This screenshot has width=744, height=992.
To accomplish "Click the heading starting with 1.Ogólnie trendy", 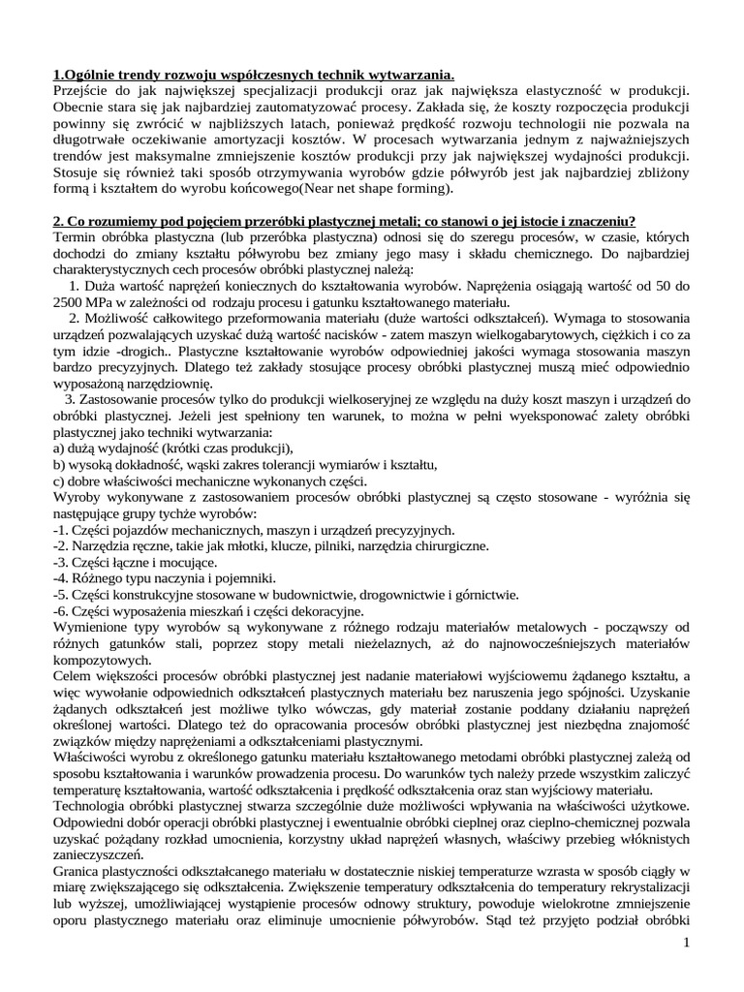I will pyautogui.click(x=253, y=76).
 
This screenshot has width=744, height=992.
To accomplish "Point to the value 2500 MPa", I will pyautogui.click(x=80, y=302).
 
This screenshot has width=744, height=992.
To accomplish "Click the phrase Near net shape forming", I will pyautogui.click(x=381, y=189).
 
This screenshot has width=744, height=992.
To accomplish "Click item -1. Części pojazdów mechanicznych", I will pyautogui.click(x=253, y=530).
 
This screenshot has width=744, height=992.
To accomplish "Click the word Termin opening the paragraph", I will pyautogui.click(x=77, y=237).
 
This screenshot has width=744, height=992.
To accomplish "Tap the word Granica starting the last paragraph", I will pyautogui.click(x=78, y=872).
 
